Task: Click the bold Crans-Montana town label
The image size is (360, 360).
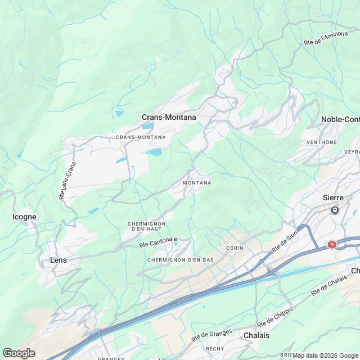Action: [x=169, y=118]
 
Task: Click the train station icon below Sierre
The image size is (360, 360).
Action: [x=335, y=210]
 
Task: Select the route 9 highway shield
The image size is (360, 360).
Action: [x=332, y=245]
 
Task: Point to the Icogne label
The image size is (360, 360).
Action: [x=24, y=217]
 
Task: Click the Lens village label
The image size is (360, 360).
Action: [x=58, y=260]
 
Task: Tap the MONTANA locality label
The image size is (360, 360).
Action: [x=197, y=183]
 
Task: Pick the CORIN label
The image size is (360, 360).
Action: [x=234, y=248]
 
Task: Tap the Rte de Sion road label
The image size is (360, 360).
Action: [x=284, y=242]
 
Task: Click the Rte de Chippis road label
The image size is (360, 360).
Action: [x=276, y=318]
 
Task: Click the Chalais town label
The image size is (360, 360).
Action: [x=256, y=335]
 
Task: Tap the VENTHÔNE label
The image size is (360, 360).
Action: [x=322, y=142]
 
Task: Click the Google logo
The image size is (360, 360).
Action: [x=19, y=353]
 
